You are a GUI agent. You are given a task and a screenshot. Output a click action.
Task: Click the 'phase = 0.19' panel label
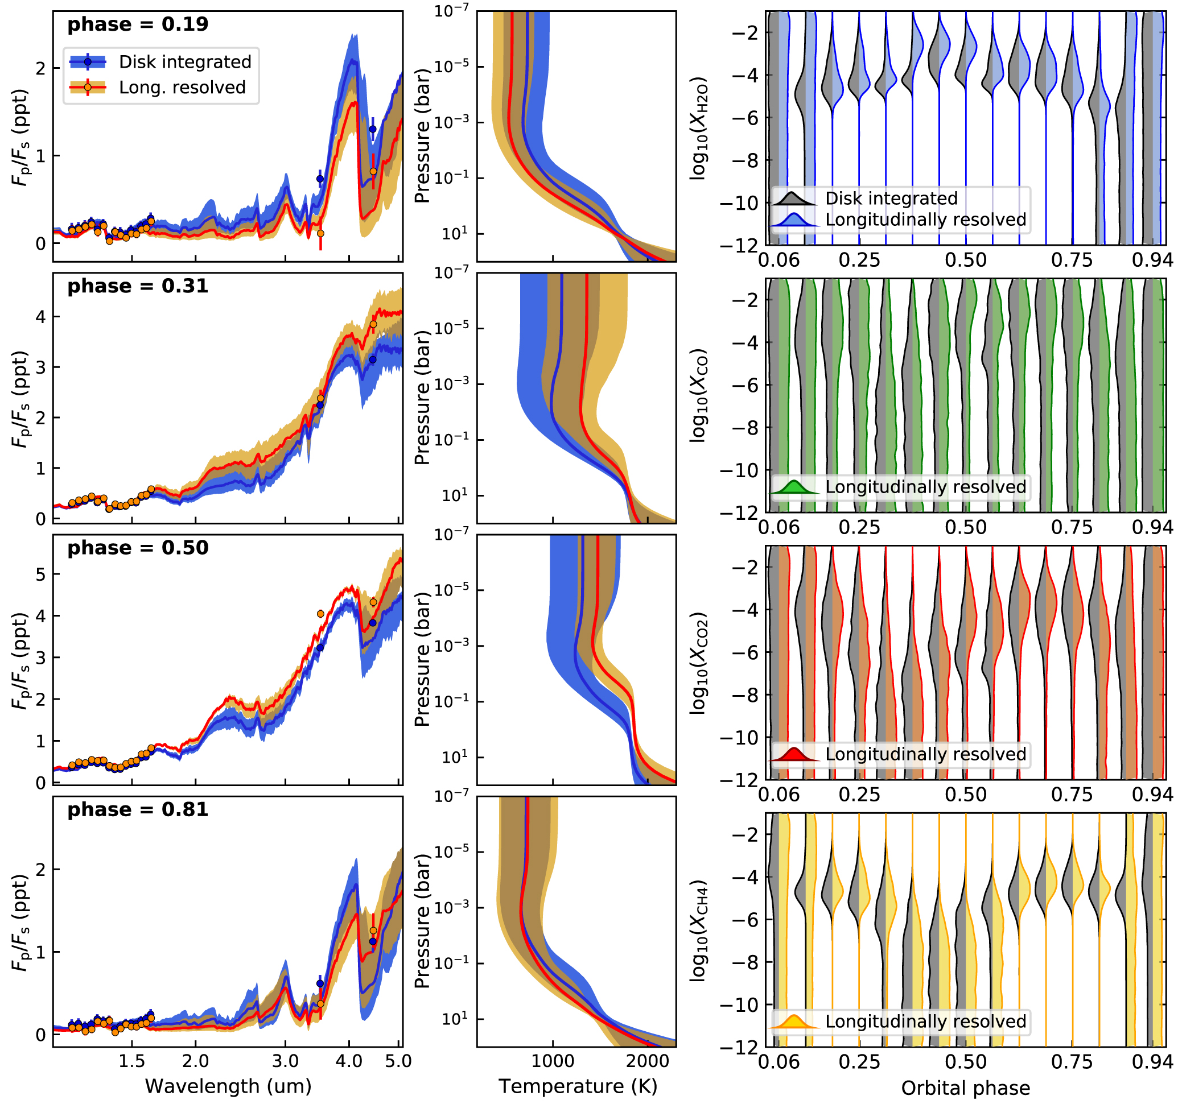point(138,25)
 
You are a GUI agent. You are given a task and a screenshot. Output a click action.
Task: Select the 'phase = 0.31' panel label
point(138,287)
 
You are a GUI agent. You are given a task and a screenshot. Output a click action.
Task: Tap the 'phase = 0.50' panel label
point(138,548)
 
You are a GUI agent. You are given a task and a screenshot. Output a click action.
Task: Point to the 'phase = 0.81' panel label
point(138,810)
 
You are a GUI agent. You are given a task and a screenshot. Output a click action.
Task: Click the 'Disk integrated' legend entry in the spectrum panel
point(185,61)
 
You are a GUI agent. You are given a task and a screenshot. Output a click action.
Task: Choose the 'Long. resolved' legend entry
point(182,88)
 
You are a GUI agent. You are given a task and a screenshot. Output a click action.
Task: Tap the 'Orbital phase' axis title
point(965,1088)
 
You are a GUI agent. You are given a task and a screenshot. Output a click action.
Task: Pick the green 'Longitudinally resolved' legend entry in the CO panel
point(925,487)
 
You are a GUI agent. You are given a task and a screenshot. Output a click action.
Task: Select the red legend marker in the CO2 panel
point(794,754)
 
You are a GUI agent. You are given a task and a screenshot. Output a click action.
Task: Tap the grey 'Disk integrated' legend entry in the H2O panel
point(891,199)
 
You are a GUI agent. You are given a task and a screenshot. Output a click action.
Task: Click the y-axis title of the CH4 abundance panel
point(699,931)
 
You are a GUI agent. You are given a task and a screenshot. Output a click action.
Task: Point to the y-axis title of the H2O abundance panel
point(699,128)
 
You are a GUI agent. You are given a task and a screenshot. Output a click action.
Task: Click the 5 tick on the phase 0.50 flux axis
point(40,574)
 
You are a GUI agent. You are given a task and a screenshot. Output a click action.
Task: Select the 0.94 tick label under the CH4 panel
point(1152,1062)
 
